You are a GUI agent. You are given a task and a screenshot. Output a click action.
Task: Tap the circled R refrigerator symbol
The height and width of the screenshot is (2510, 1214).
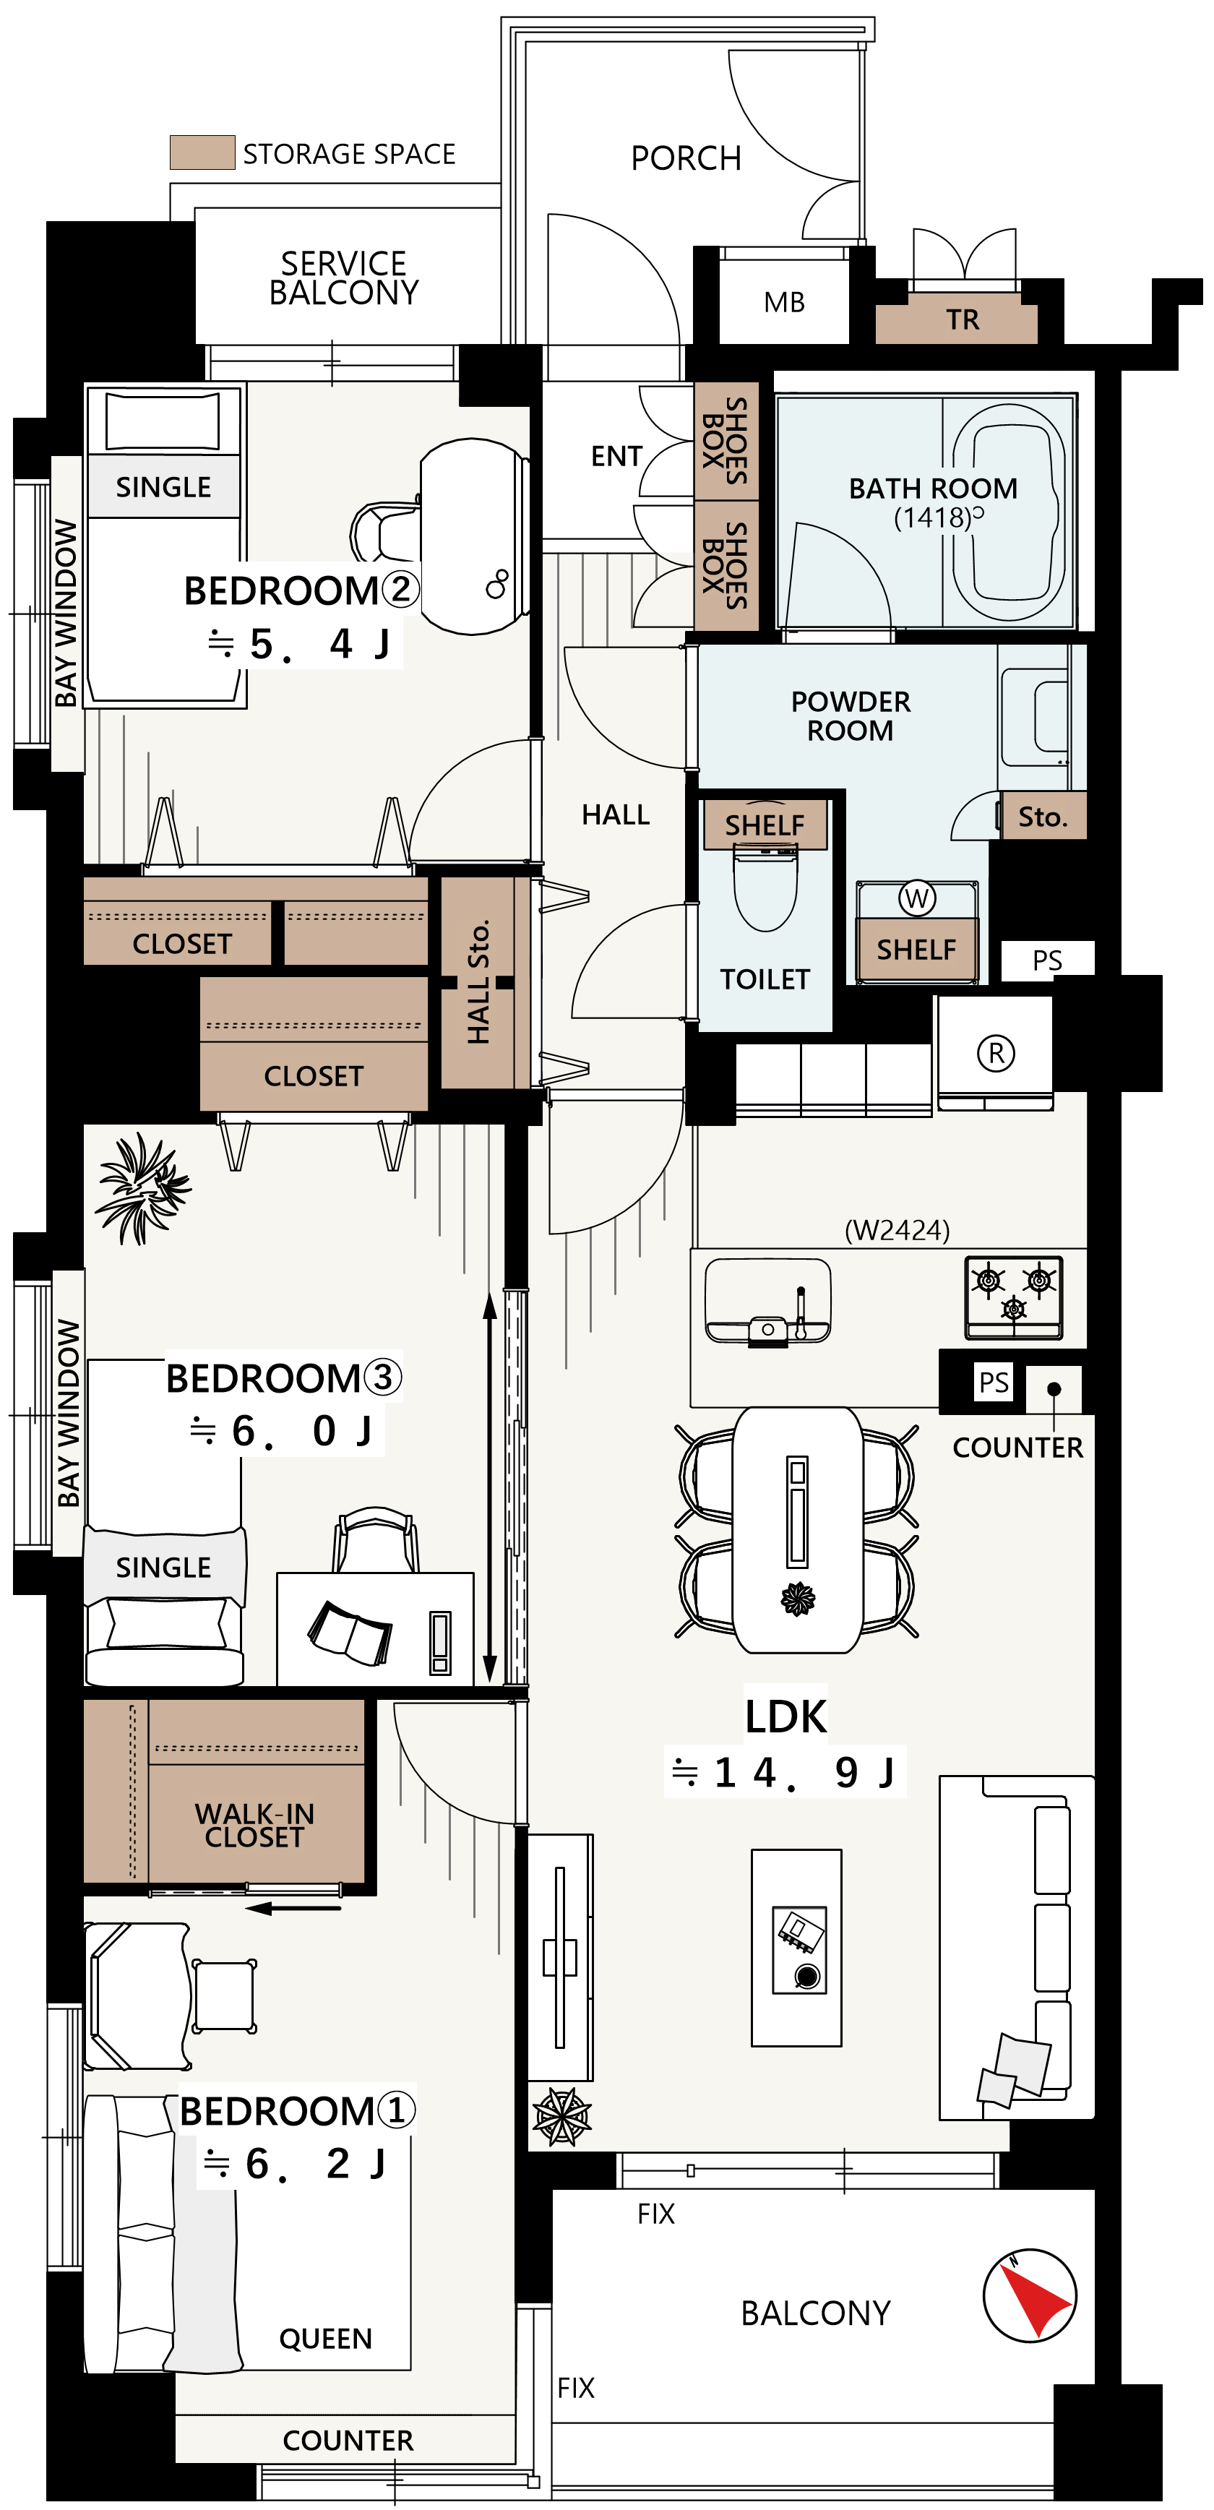click(x=996, y=1053)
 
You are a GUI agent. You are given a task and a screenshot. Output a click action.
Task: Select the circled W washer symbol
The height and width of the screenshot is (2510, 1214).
click(x=916, y=898)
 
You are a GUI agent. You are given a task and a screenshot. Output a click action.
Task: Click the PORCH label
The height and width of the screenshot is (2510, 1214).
click(x=686, y=158)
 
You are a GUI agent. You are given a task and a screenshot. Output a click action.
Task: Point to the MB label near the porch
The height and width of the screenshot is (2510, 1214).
click(x=784, y=302)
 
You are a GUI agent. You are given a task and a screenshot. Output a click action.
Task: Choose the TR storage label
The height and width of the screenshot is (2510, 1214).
click(x=963, y=319)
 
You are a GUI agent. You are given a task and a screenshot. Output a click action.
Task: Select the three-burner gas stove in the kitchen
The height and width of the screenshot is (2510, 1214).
click(x=1013, y=1297)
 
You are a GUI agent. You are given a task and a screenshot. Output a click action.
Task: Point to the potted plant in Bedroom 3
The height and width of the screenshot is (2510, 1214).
click(x=142, y=1187)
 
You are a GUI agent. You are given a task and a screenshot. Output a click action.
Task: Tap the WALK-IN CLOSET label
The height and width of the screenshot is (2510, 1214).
click(x=254, y=1825)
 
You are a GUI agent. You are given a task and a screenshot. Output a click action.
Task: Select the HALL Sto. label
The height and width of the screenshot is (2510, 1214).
click(x=478, y=981)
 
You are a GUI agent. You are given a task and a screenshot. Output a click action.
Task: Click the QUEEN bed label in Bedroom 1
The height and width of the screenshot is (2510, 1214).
click(x=325, y=2339)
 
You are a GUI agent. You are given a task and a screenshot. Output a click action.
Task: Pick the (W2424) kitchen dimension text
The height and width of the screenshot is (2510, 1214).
click(x=896, y=1229)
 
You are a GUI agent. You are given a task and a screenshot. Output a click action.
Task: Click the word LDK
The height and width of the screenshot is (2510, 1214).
click(x=785, y=1716)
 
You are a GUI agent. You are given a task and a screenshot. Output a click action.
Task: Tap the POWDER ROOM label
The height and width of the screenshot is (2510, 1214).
click(x=851, y=715)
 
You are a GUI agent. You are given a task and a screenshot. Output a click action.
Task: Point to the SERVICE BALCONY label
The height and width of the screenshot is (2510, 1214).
click(x=344, y=278)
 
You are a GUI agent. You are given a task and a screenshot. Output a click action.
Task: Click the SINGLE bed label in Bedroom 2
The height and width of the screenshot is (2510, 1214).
click(x=164, y=486)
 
